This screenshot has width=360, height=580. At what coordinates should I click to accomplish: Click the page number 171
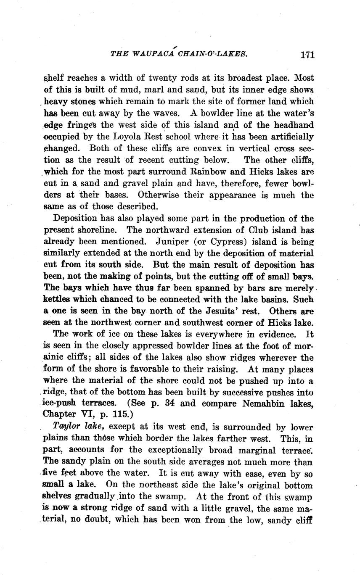click(307, 54)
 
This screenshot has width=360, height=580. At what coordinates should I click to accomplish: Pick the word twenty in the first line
click(148, 78)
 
